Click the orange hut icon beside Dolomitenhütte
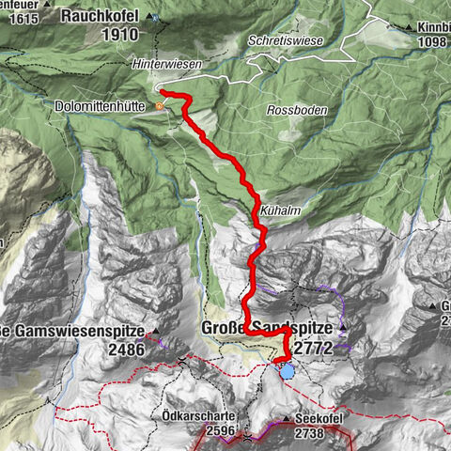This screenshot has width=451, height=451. click(161, 106)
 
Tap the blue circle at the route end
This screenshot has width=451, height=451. click(286, 371)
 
